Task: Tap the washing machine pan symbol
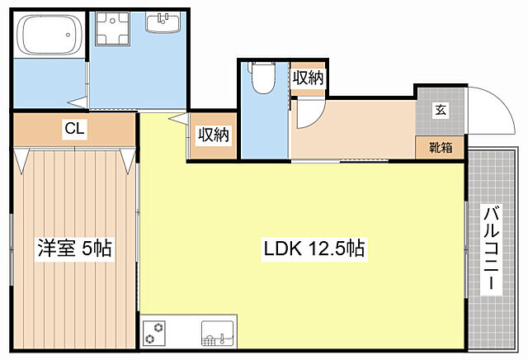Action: (112, 29)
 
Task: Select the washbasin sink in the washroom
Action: (163, 22)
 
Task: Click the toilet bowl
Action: (263, 78)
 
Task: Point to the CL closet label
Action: (74, 129)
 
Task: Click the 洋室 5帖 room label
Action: (74, 249)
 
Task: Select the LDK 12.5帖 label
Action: (314, 249)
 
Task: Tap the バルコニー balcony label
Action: (492, 249)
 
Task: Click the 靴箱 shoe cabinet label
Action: (441, 147)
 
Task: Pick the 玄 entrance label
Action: (441, 110)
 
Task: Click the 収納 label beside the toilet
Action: (308, 78)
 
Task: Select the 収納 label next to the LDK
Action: (214, 135)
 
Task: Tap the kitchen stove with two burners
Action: (154, 333)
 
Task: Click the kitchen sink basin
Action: (218, 334)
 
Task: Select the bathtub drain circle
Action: (68, 35)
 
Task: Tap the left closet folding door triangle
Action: (21, 161)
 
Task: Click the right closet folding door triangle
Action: (128, 161)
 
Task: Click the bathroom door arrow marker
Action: (78, 103)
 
